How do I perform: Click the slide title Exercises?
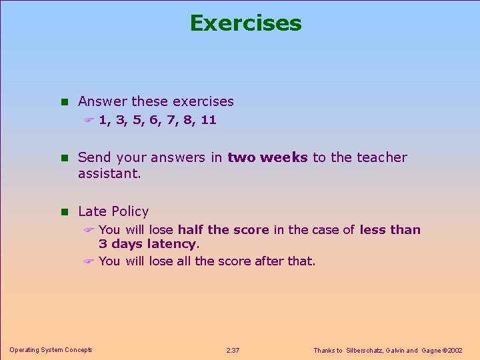[245, 23]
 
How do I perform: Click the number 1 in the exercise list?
[103, 121]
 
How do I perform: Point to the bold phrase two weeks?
[267, 158]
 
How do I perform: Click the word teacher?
[381, 158]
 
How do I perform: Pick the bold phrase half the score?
[223, 230]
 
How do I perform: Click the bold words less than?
[390, 230]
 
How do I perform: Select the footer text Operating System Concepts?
[51, 350]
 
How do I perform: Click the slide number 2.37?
[233, 351]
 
